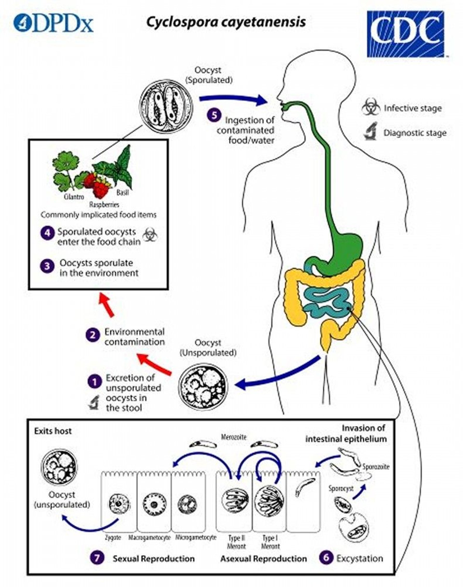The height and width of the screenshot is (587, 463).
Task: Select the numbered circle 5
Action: [214, 115]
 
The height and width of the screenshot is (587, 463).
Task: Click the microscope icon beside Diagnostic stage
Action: [371, 132]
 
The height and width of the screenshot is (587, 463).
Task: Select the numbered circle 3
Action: [48, 266]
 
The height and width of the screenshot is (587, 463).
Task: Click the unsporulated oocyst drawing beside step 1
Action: [203, 387]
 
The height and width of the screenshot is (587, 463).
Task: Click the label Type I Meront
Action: [270, 542]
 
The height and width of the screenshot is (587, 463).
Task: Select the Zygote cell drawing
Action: [119, 504]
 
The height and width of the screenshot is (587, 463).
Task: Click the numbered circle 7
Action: [97, 558]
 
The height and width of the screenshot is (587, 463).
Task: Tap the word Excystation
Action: [360, 558]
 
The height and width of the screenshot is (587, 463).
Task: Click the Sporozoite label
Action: [376, 467]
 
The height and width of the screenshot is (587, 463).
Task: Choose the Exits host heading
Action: [53, 431]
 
